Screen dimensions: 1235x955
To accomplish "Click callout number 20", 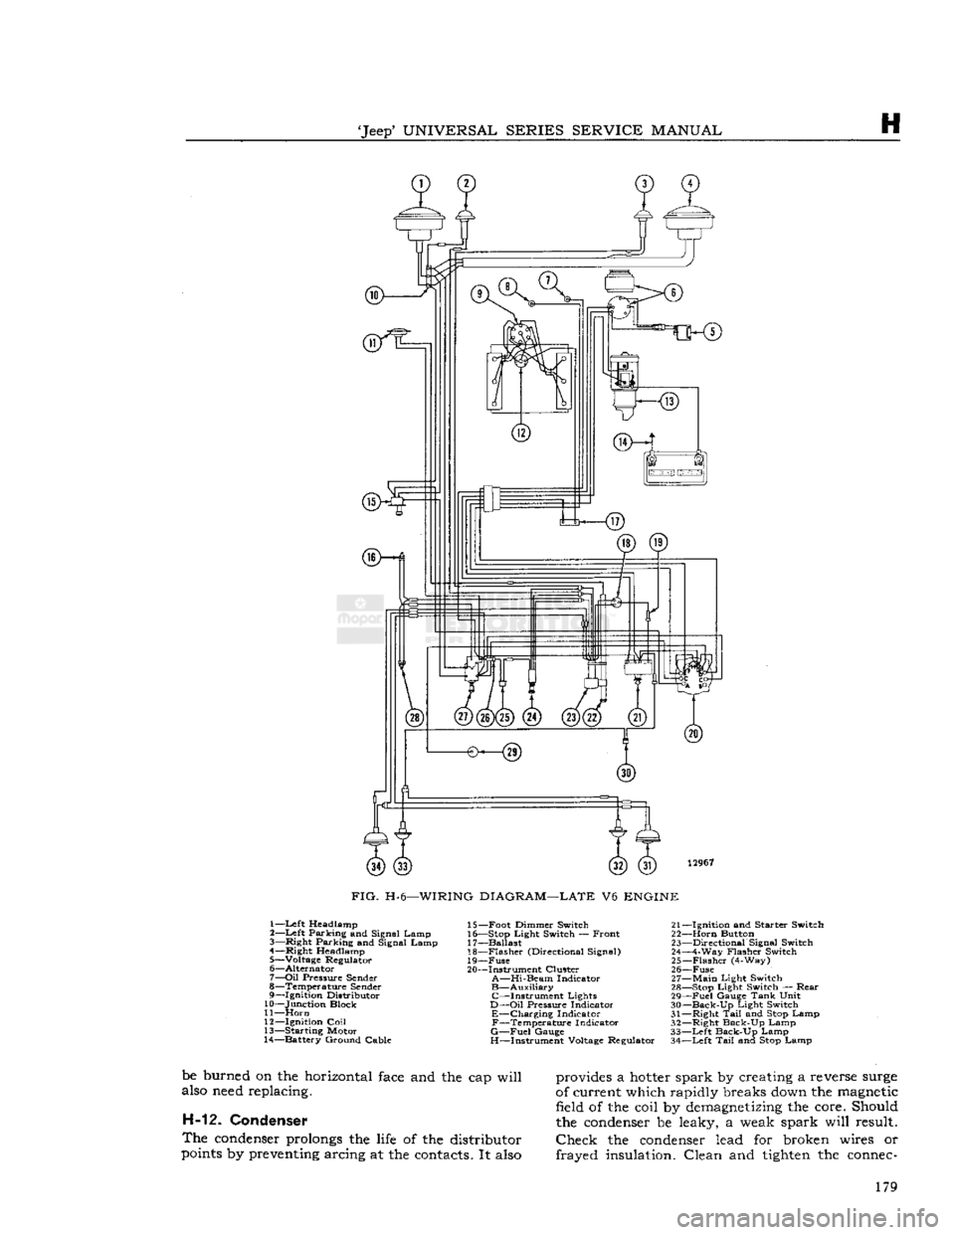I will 692,733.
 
